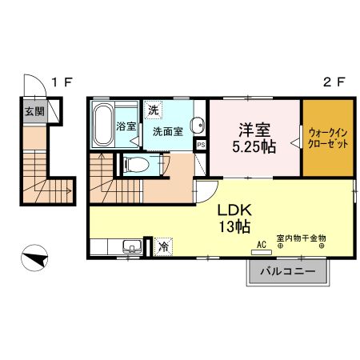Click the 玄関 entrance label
(x=34, y=111)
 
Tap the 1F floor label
(x=62, y=82)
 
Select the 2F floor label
(x=334, y=82)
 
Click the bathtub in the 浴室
(x=103, y=124)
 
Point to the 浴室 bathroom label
(x=126, y=126)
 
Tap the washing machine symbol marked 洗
(x=154, y=110)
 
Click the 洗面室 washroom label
(x=168, y=132)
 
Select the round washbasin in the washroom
(x=198, y=125)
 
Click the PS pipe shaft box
(x=202, y=145)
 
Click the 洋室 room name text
(x=254, y=130)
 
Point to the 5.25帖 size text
(x=254, y=146)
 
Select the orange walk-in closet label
(x=328, y=138)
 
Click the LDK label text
(x=234, y=210)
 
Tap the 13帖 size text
(x=234, y=227)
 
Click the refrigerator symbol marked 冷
(x=163, y=247)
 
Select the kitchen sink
(x=132, y=246)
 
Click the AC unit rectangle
(x=262, y=252)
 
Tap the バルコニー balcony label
(x=288, y=271)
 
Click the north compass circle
(x=34, y=258)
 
